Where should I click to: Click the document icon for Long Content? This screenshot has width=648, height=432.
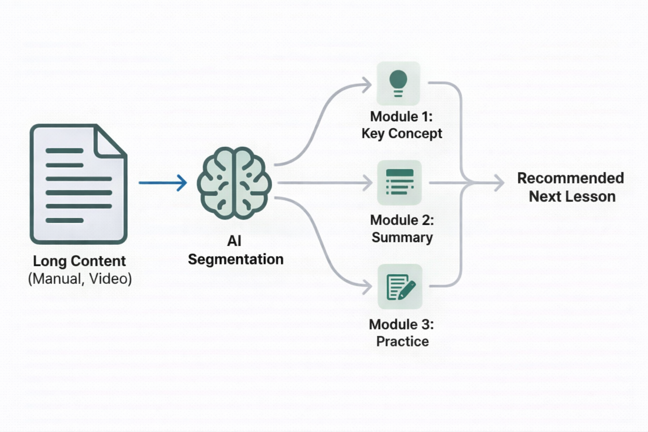pyautogui.click(x=78, y=184)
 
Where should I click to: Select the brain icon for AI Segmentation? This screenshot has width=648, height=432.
pyautogui.click(x=235, y=183)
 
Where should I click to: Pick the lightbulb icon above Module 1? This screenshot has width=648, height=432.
pyautogui.click(x=398, y=83)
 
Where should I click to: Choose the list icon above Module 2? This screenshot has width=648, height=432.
pyautogui.click(x=399, y=182)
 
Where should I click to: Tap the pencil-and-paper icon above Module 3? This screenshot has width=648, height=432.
pyautogui.click(x=400, y=286)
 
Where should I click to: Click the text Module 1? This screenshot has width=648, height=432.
pyautogui.click(x=401, y=116)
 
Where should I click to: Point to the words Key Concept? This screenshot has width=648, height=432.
pyautogui.click(x=402, y=133)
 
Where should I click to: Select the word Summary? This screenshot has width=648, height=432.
pyautogui.click(x=402, y=237)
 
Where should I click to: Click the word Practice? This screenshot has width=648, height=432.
pyautogui.click(x=402, y=341)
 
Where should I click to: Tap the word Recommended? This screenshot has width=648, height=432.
pyautogui.click(x=570, y=178)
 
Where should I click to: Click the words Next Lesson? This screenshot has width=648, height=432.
pyautogui.click(x=572, y=197)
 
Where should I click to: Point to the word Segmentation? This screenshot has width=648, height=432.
pyautogui.click(x=235, y=259)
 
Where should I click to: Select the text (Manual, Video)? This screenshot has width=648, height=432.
pyautogui.click(x=80, y=279)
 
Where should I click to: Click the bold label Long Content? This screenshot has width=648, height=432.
pyautogui.click(x=79, y=261)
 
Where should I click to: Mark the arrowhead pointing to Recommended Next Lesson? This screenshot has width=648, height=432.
pyautogui.click(x=499, y=183)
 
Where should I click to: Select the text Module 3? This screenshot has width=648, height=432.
pyautogui.click(x=401, y=324)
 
